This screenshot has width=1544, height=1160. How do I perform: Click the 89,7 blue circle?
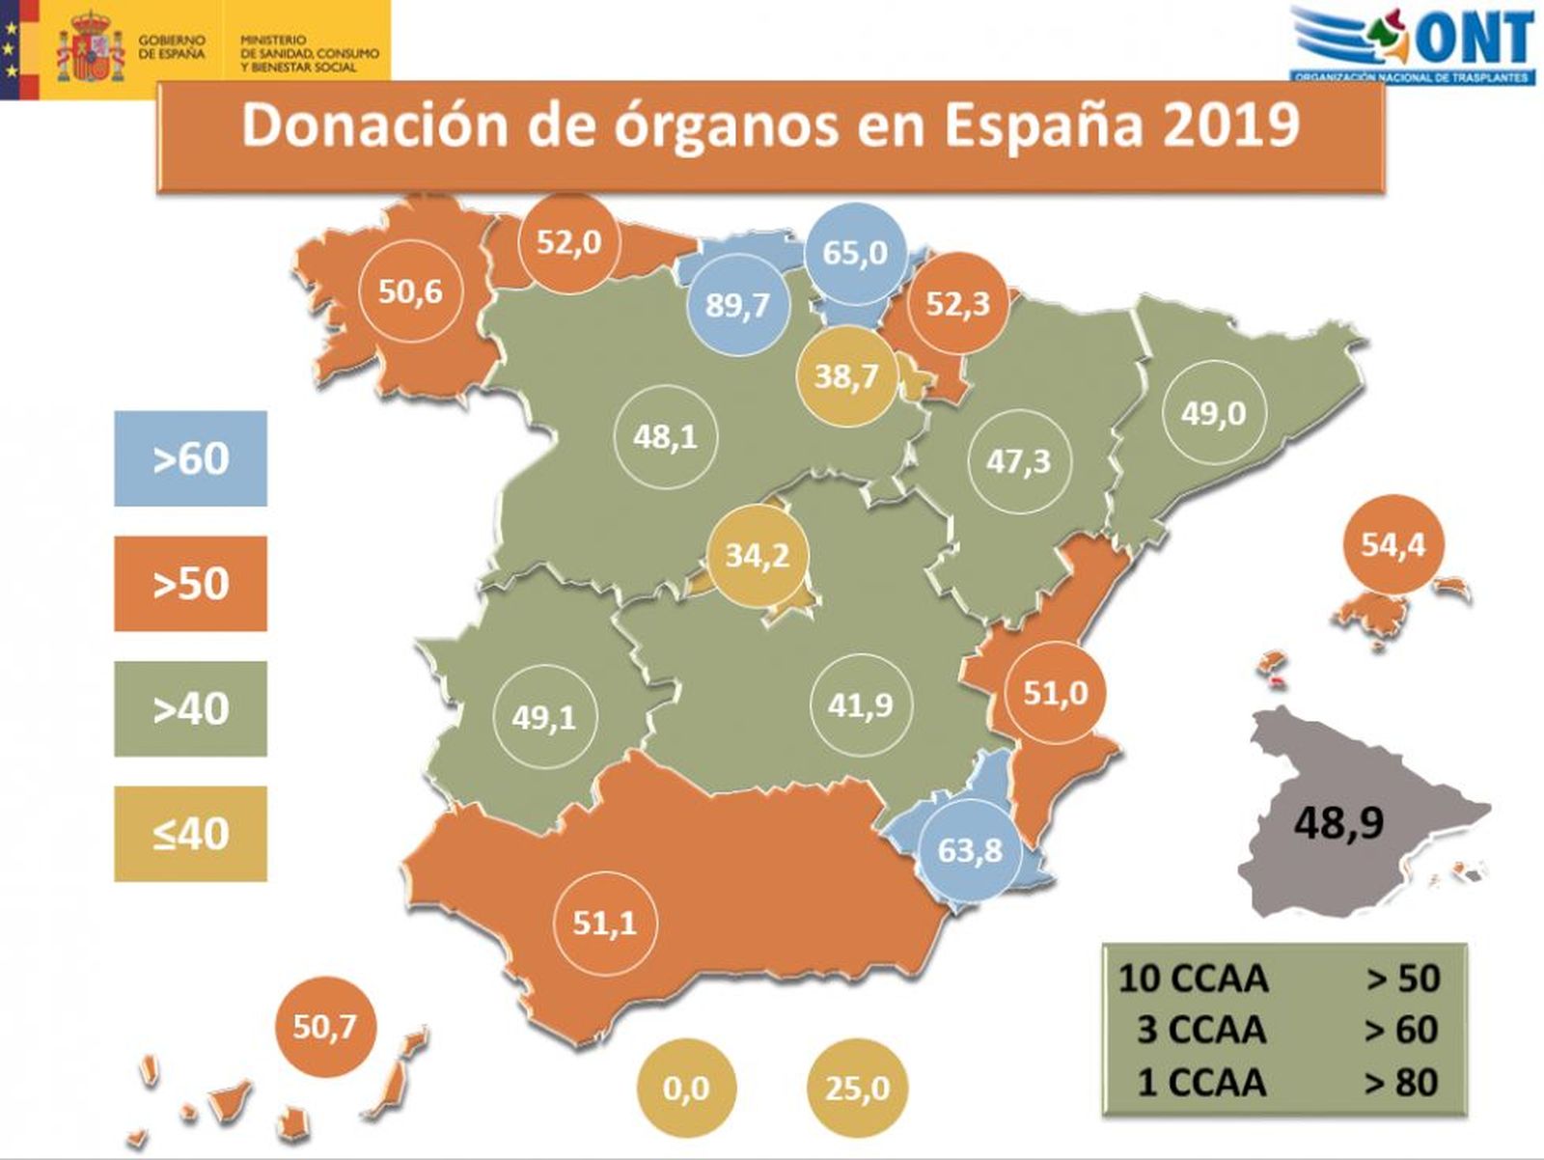pyautogui.click(x=738, y=305)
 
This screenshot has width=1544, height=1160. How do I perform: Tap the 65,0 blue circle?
pyautogui.click(x=855, y=253)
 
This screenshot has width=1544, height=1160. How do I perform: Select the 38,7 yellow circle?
pyautogui.click(x=846, y=374)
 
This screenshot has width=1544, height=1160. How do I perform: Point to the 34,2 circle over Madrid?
pyautogui.click(x=758, y=555)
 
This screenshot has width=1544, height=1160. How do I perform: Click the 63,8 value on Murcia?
pyautogui.click(x=970, y=850)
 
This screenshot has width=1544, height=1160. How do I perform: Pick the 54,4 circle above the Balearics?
pyautogui.click(x=1392, y=545)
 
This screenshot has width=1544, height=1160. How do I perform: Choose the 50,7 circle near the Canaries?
pyautogui.click(x=324, y=1027)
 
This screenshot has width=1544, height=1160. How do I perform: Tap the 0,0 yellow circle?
pyautogui.click(x=686, y=1089)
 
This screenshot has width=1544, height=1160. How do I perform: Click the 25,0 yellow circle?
pyautogui.click(x=857, y=1089)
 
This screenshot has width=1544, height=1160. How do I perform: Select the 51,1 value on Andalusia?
pyautogui.click(x=605, y=924)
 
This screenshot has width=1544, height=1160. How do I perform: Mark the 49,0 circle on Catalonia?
pyautogui.click(x=1213, y=413)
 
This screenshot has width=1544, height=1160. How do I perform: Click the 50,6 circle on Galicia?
pyautogui.click(x=411, y=290)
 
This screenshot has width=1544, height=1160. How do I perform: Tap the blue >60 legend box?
pyautogui.click(x=190, y=458)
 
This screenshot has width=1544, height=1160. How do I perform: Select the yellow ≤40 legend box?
pyautogui.click(x=190, y=834)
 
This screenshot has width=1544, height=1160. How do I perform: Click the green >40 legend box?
pyautogui.click(x=190, y=708)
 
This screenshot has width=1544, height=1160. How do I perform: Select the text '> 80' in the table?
pyautogui.click(x=1401, y=1082)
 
